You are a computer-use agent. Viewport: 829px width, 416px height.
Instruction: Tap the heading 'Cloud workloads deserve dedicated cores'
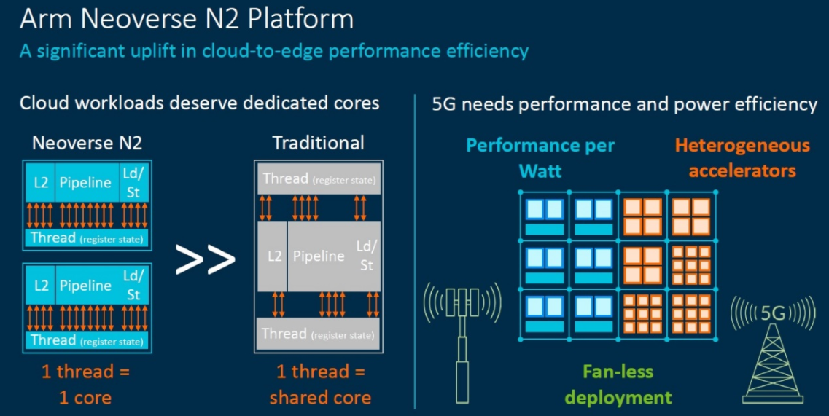point(199,103)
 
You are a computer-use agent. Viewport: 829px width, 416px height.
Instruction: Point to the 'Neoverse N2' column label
point(87,143)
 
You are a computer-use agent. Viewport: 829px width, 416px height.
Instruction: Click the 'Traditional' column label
point(318,143)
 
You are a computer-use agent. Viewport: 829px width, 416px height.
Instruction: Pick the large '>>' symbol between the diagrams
point(206,259)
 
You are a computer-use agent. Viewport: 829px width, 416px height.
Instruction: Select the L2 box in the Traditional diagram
point(273,256)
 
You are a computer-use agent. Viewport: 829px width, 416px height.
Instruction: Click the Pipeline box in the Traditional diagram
point(319,256)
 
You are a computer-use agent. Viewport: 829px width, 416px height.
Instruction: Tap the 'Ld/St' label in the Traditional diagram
point(366,256)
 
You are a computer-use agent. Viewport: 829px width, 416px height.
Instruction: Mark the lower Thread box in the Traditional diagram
point(319,334)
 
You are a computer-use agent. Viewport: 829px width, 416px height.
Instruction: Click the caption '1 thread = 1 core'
point(85,384)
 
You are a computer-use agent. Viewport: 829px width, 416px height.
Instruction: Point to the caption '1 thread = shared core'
point(320,384)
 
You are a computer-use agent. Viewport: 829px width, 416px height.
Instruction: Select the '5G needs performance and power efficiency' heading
point(624,104)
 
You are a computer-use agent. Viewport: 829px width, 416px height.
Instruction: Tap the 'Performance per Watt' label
point(540,157)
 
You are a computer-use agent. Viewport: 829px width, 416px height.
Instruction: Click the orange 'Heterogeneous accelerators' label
point(742,157)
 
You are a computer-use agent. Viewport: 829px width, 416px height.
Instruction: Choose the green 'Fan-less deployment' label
point(618,384)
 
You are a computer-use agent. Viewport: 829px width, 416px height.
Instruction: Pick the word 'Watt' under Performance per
point(540,171)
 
